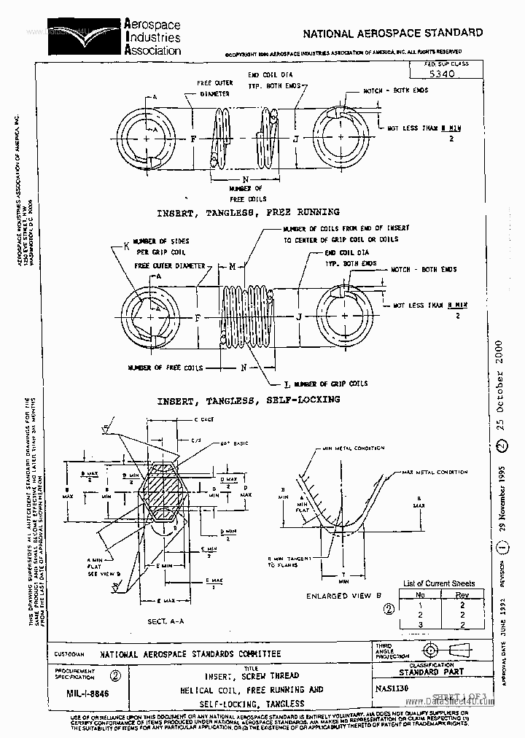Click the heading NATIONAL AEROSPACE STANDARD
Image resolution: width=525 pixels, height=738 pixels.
pos(392,33)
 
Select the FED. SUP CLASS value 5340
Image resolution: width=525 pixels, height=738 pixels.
pos(440,74)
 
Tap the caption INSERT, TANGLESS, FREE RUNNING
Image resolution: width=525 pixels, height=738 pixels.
pos(249,212)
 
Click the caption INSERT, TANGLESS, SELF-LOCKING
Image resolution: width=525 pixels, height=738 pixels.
pos(249,400)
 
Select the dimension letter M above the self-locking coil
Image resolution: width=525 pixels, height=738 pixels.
pos(233,267)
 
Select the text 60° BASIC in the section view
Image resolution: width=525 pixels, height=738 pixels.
pos(234,443)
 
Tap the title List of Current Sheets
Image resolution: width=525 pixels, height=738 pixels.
pos(439,583)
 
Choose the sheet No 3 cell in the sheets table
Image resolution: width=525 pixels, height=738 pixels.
pos(420,624)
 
